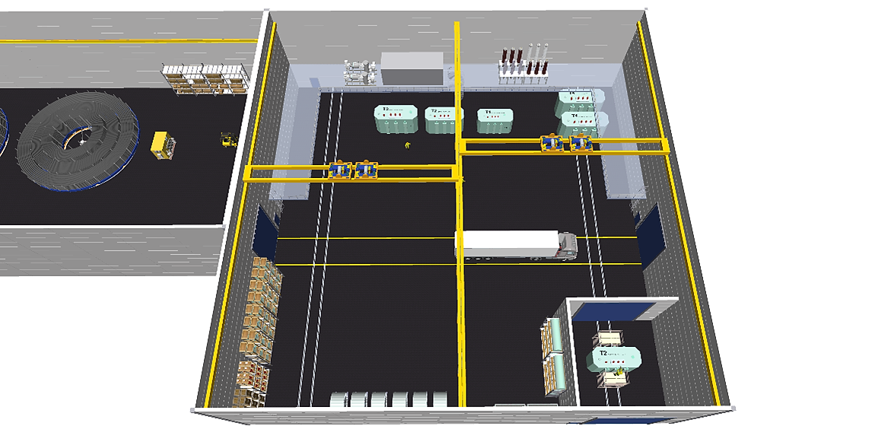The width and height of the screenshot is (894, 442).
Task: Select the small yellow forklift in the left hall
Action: coord(227,139)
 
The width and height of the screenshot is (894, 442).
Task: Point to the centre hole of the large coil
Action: coord(81,139)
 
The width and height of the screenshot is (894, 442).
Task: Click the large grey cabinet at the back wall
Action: coord(412,69)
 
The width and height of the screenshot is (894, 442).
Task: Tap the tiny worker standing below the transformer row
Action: coord(407,145)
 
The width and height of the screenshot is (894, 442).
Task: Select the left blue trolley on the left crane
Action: coord(341,170)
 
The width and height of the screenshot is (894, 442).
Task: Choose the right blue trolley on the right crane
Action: coord(581,143)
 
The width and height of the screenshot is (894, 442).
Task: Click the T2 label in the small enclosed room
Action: coord(603,353)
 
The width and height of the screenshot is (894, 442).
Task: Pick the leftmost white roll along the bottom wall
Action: coord(339,400)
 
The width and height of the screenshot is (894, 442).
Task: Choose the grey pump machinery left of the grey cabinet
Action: coord(361,71)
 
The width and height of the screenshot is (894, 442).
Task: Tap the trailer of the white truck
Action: coord(506,243)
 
